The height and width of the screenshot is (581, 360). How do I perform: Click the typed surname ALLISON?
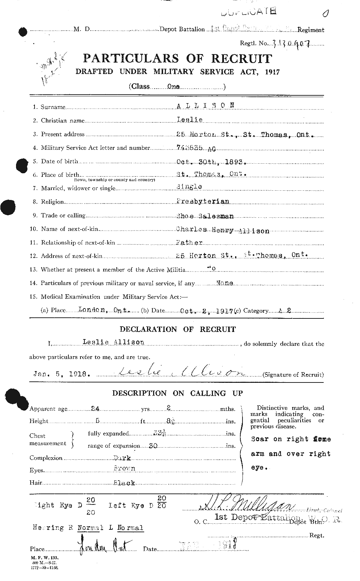[x=206, y=105]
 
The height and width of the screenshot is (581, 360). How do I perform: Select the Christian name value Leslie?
[x=189, y=120]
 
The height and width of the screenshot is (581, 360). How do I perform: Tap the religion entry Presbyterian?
[x=203, y=201]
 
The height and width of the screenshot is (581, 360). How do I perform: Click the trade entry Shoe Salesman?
[x=205, y=216]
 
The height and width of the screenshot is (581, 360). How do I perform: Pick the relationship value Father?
[x=189, y=243]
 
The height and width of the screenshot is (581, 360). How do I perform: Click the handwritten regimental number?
[x=290, y=43]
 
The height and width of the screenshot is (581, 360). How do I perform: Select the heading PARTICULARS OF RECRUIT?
[x=177, y=58]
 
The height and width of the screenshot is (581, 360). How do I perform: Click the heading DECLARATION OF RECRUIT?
[x=177, y=329]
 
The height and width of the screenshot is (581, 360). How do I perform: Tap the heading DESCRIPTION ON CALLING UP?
[x=177, y=393]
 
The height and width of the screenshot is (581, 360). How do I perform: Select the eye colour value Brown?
[x=124, y=469]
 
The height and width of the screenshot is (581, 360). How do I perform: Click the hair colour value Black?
[x=124, y=483]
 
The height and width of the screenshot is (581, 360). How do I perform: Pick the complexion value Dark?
[x=122, y=458]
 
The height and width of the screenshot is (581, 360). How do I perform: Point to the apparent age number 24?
[x=95, y=409]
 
